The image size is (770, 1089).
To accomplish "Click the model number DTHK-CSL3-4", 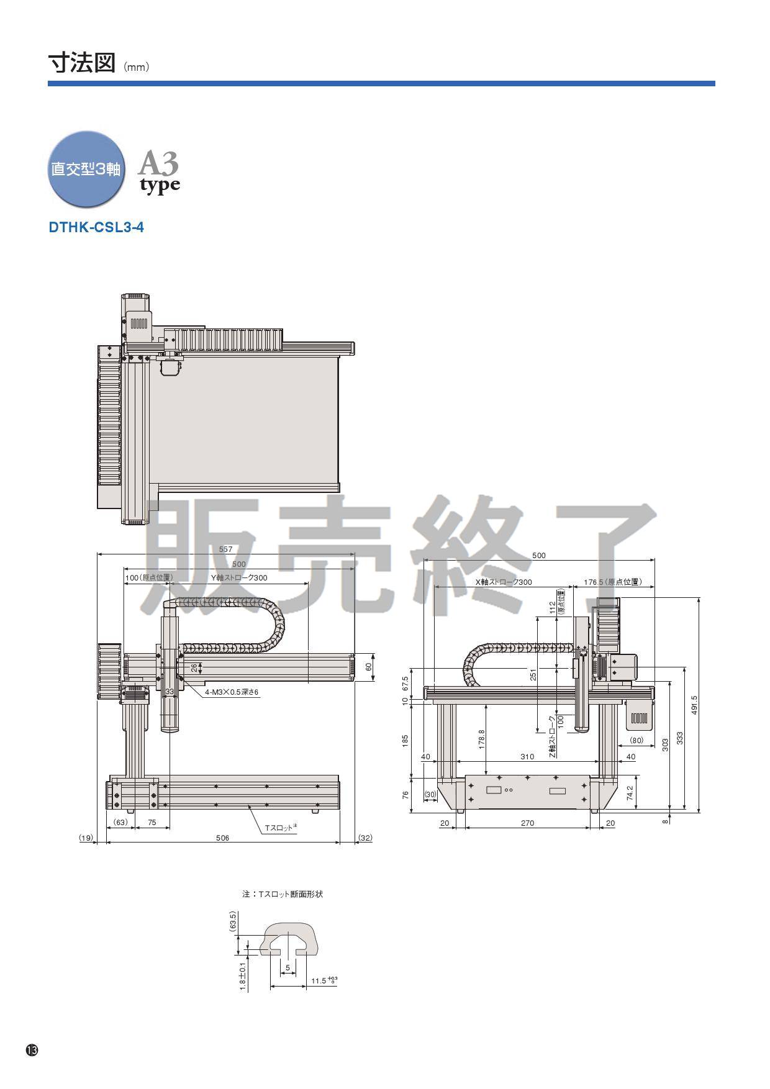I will pyautogui.click(x=96, y=227).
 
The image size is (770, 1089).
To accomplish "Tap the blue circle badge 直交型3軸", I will pyautogui.click(x=86, y=169).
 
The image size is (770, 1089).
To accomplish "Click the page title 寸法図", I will pyautogui.click(x=82, y=64).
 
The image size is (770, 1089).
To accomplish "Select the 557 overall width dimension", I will pyautogui.click(x=225, y=549).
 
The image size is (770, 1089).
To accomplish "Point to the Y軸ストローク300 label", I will pyautogui.click(x=239, y=578).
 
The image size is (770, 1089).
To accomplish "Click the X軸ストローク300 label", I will pyautogui.click(x=504, y=582).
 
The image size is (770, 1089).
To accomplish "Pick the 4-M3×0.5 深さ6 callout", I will pyautogui.click(x=232, y=692).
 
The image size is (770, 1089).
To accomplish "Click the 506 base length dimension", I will pyautogui.click(x=222, y=838).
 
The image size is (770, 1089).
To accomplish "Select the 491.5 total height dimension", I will pyautogui.click(x=694, y=705).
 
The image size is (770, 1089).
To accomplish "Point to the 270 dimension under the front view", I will pyautogui.click(x=527, y=823).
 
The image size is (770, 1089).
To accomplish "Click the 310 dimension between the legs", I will pyautogui.click(x=527, y=757).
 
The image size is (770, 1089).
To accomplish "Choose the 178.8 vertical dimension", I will pyautogui.click(x=481, y=739).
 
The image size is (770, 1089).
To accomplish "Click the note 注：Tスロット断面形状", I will pyautogui.click(x=283, y=895).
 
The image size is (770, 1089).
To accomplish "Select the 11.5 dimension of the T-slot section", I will pyautogui.click(x=322, y=981).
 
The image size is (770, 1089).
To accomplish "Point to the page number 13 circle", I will pyautogui.click(x=32, y=1051).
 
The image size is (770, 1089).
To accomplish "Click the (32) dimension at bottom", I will pyautogui.click(x=365, y=838).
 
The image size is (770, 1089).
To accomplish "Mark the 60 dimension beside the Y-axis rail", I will pyautogui.click(x=368, y=667).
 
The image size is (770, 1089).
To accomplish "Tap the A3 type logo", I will pyautogui.click(x=159, y=171).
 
